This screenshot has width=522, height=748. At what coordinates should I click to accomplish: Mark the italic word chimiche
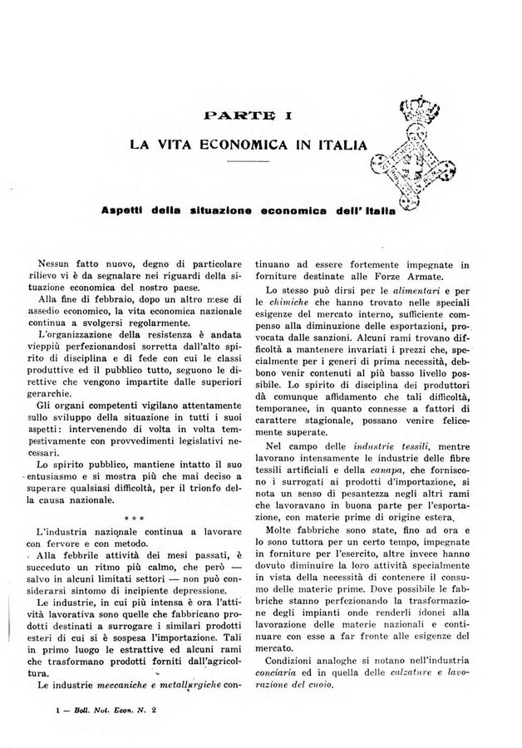[x=300, y=305]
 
